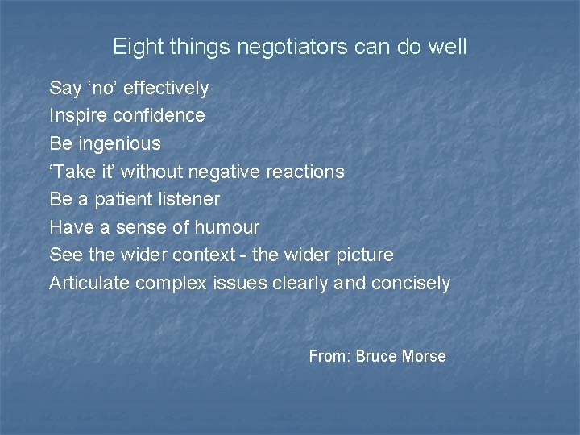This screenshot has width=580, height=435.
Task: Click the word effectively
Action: click(x=166, y=88)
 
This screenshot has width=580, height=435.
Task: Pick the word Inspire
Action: click(x=78, y=115)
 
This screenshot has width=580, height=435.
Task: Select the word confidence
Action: click(x=159, y=115)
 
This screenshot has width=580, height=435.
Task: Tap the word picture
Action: click(x=363, y=255)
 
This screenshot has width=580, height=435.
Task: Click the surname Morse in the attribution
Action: click(x=425, y=356)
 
